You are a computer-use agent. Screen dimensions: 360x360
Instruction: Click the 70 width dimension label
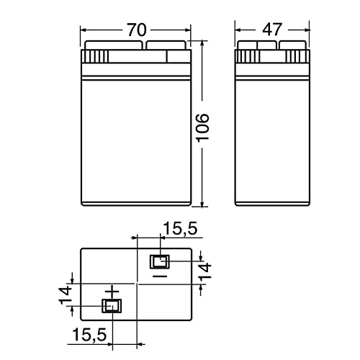pyautogui.click(x=136, y=30)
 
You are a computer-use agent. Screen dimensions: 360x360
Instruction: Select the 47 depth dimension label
pyautogui.click(x=271, y=30)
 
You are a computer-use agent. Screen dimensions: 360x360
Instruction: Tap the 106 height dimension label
pyautogui.click(x=203, y=128)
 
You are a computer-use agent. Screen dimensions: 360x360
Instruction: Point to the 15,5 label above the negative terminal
pyautogui.click(x=180, y=228)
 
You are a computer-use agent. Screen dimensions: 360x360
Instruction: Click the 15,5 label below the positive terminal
pyautogui.click(x=89, y=335)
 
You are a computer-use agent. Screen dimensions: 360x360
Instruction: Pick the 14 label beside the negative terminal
pyautogui.click(x=205, y=271)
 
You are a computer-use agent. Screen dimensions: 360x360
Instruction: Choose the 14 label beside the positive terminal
pyautogui.click(x=66, y=295)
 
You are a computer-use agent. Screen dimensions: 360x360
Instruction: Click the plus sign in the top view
pyautogui.click(x=112, y=292)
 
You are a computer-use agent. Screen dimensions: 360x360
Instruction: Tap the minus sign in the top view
pyautogui.click(x=160, y=276)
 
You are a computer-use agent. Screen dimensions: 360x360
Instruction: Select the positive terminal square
pyautogui.click(x=112, y=306)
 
